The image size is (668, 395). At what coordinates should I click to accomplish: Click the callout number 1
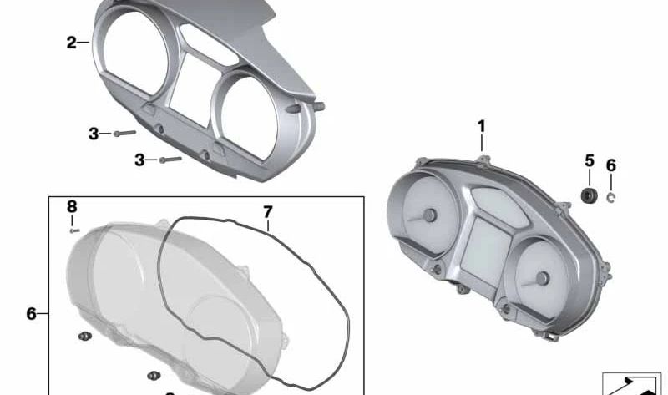click(x=481, y=126)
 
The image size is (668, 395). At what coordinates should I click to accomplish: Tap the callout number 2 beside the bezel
click(x=72, y=42)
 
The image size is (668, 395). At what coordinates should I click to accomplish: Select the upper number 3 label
click(x=94, y=133)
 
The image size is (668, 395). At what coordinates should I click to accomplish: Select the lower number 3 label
click(x=139, y=159)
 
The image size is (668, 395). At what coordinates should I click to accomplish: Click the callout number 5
click(x=589, y=160)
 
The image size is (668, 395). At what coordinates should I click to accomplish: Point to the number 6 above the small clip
click(x=610, y=165)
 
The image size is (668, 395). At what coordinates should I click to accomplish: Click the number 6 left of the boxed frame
click(x=31, y=314)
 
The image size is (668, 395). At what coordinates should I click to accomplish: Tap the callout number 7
click(x=268, y=211)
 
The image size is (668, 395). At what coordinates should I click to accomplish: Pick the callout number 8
click(x=72, y=206)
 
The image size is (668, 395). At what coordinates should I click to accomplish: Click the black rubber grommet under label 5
click(x=589, y=195)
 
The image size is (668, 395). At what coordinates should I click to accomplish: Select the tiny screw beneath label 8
click(x=73, y=229)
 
